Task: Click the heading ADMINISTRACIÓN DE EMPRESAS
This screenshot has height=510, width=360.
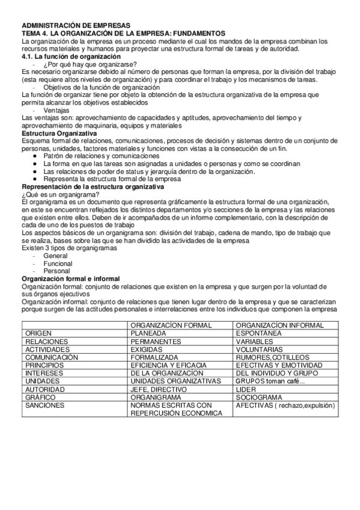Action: tap(63, 25)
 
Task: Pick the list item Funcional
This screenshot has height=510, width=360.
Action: tap(58, 263)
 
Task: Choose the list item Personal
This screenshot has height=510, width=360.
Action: tap(57, 271)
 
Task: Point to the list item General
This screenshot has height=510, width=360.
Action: tap(55, 256)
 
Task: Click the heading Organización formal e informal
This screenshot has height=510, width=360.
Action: tap(71, 279)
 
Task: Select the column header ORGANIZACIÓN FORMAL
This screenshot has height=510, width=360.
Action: tap(171, 325)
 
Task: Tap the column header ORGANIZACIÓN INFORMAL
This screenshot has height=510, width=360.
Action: tap(279, 325)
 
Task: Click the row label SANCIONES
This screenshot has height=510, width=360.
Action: tap(44, 406)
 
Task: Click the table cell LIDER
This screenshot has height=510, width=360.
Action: tap(246, 390)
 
